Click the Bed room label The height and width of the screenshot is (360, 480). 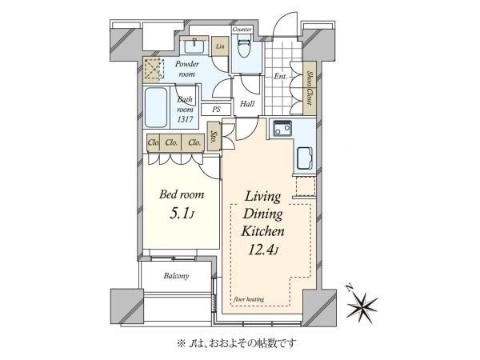[182, 194]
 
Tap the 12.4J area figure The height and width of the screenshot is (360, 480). [263, 250]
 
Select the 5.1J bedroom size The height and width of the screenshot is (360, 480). [182, 214]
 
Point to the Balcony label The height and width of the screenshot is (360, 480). [176, 276]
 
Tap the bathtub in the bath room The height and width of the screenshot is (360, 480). [156, 108]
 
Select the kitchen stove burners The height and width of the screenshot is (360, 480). [282, 128]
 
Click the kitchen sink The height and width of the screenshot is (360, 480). [305, 159]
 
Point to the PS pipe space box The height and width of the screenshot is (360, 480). [216, 110]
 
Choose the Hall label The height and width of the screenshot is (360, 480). [247, 104]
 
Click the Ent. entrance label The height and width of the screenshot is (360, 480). [281, 76]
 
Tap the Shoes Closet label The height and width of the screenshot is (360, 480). [310, 88]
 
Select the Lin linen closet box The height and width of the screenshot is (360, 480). [220, 46]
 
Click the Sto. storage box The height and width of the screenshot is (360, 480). [214, 136]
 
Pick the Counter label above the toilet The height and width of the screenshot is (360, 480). [242, 30]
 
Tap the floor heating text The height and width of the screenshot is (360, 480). [249, 299]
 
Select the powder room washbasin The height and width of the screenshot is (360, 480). [194, 46]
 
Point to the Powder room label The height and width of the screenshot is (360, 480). [186, 69]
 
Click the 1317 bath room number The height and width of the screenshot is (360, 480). [186, 118]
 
